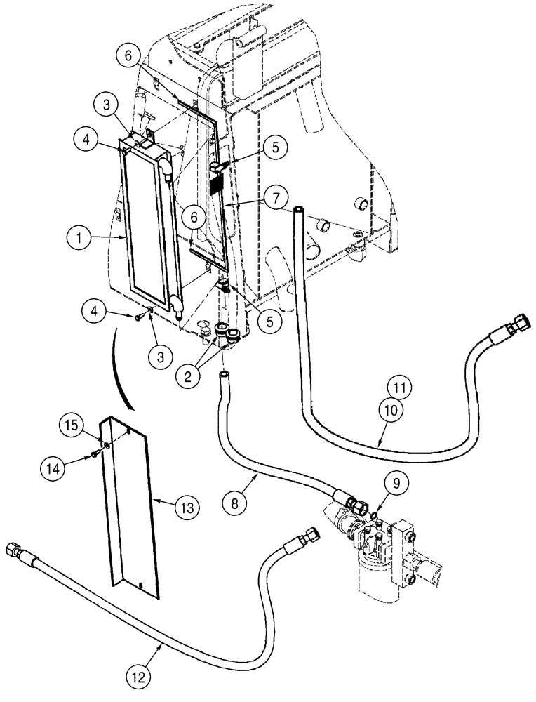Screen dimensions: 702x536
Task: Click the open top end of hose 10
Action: coord(298,208)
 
